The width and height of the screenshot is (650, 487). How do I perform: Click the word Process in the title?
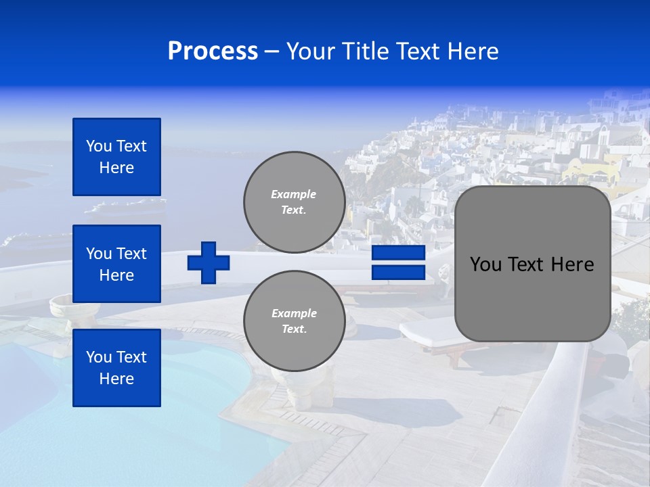click(213, 51)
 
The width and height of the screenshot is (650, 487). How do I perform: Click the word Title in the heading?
click(364, 51)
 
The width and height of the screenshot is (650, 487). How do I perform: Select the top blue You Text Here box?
click(116, 157)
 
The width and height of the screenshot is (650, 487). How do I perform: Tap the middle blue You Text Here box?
click(116, 264)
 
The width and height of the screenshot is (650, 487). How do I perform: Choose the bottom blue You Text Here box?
click(116, 368)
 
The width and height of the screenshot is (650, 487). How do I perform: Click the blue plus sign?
click(209, 262)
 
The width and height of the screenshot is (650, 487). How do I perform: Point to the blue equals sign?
click(398, 262)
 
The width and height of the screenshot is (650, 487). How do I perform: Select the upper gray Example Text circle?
click(294, 202)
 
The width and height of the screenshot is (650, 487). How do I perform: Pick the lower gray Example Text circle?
click(294, 321)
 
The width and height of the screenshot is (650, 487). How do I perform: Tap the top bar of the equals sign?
click(398, 253)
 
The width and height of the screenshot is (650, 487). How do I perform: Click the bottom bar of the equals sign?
click(398, 272)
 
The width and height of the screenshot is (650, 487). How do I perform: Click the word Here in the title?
click(474, 51)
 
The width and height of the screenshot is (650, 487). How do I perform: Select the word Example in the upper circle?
click(294, 194)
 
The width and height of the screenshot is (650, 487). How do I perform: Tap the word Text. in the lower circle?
click(294, 329)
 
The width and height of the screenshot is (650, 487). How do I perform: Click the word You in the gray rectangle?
click(485, 264)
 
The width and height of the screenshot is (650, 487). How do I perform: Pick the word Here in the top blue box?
click(116, 168)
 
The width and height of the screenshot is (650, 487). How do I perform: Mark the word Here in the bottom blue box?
click(116, 379)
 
